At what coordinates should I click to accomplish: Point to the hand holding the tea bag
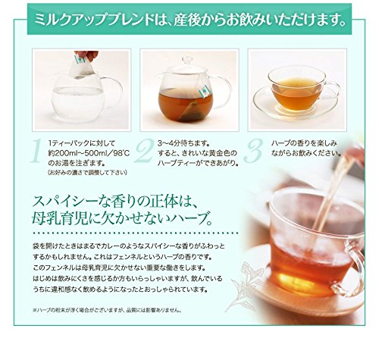pyautogui.click(x=89, y=55)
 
